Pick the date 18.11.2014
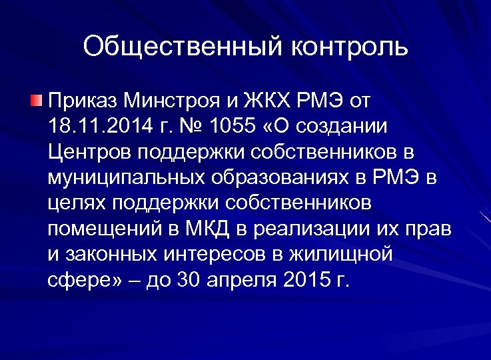(x=96, y=126)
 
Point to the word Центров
(x=90, y=151)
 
